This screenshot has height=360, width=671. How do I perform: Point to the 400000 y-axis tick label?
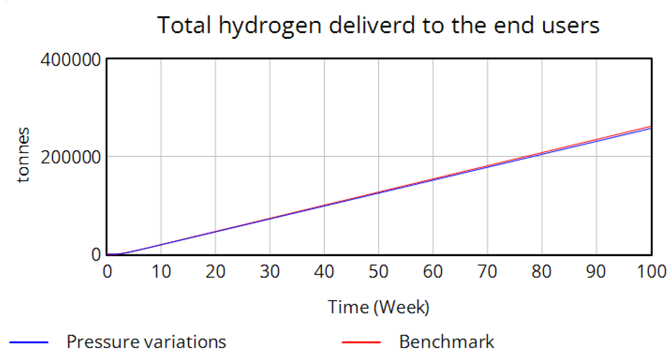pyautogui.click(x=70, y=60)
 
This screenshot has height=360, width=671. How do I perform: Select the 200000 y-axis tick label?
pyautogui.click(x=70, y=157)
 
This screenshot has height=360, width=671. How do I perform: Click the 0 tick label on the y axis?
pyautogui.click(x=96, y=255)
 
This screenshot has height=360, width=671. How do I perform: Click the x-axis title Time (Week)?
pyautogui.click(x=378, y=307)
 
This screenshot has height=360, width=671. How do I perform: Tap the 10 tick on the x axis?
pyautogui.click(x=161, y=272)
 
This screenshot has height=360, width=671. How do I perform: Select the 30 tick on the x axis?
pyautogui.click(x=270, y=272)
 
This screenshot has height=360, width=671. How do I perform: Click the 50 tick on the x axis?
pyautogui.click(x=378, y=272)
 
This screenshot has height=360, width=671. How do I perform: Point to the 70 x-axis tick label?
pyautogui.click(x=487, y=272)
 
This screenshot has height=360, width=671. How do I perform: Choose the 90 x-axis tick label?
pyautogui.click(x=596, y=272)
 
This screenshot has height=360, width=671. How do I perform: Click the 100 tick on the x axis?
pyautogui.click(x=651, y=272)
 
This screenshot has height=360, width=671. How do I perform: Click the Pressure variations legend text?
pyautogui.click(x=146, y=342)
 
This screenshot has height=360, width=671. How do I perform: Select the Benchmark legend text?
pyautogui.click(x=447, y=342)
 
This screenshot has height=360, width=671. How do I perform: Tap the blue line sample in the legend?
pyautogui.click(x=29, y=342)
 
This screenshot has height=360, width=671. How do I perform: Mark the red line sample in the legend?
pyautogui.click(x=361, y=342)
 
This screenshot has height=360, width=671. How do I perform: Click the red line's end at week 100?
pyautogui.click(x=650, y=127)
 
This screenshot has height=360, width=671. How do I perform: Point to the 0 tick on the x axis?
pyautogui.click(x=107, y=272)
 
